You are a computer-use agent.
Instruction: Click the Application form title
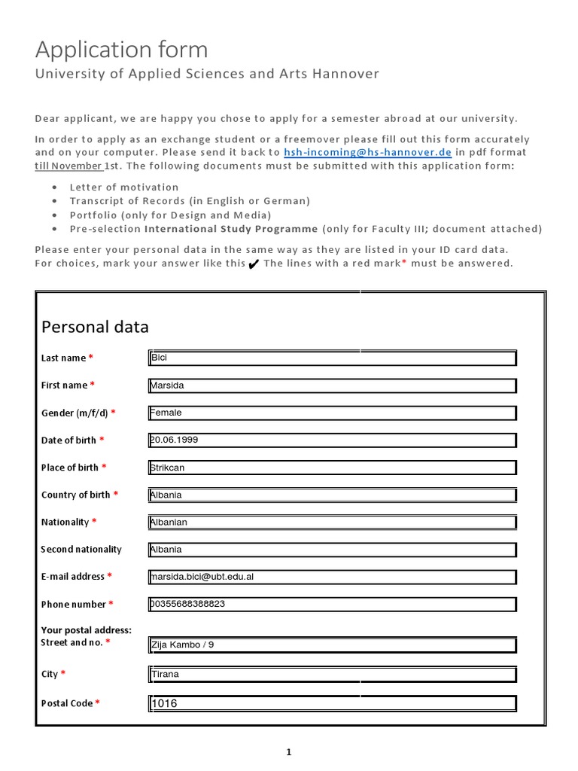click(x=121, y=50)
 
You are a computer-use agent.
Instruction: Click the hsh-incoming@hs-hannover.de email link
click(x=367, y=152)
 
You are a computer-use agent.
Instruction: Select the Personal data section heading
click(x=95, y=327)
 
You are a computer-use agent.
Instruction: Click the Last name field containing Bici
click(x=333, y=358)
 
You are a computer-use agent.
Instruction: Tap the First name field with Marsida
click(x=333, y=385)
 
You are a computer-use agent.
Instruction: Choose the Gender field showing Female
click(x=333, y=413)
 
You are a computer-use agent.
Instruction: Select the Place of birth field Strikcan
click(x=333, y=468)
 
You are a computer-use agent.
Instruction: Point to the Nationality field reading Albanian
click(x=333, y=522)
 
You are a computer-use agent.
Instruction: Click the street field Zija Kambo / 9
click(x=333, y=645)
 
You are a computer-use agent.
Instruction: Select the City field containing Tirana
click(x=333, y=674)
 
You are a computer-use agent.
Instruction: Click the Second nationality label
click(x=81, y=550)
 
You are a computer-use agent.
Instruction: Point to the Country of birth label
click(x=75, y=495)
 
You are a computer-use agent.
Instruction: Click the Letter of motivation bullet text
click(x=124, y=187)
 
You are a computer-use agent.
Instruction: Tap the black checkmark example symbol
click(x=254, y=264)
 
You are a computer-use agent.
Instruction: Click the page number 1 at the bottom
click(x=289, y=751)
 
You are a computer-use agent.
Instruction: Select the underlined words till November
click(x=68, y=166)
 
